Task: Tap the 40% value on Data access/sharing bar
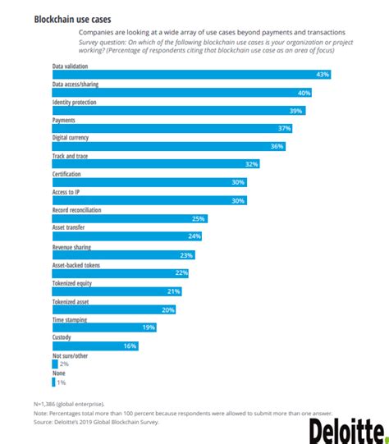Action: (x=304, y=93)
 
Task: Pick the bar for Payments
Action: (x=172, y=128)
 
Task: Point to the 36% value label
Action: (x=277, y=146)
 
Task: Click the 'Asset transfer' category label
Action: (x=69, y=227)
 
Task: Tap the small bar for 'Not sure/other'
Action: (x=55, y=364)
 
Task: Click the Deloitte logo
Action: (x=346, y=429)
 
